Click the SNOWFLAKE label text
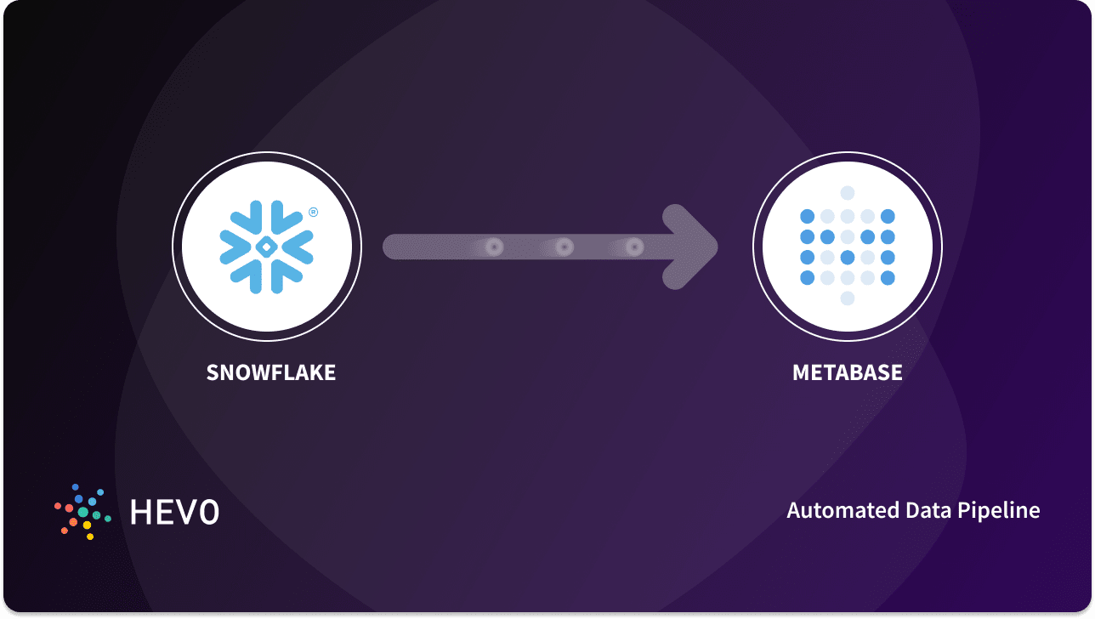tap(270, 372)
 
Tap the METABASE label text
tap(847, 372)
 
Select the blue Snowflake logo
tap(266, 247)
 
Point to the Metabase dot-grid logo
tap(847, 247)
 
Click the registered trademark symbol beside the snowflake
tap(313, 213)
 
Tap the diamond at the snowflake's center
tap(266, 247)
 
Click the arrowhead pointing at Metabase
tap(693, 247)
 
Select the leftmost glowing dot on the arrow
tap(494, 247)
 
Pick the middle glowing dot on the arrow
tap(564, 247)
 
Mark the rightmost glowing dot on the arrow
tap(633, 247)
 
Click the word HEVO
tap(174, 512)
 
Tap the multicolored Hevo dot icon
tap(83, 512)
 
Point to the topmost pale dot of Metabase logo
tap(847, 193)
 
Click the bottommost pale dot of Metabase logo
tap(847, 298)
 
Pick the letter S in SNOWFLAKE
tap(213, 372)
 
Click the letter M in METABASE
tap(800, 372)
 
